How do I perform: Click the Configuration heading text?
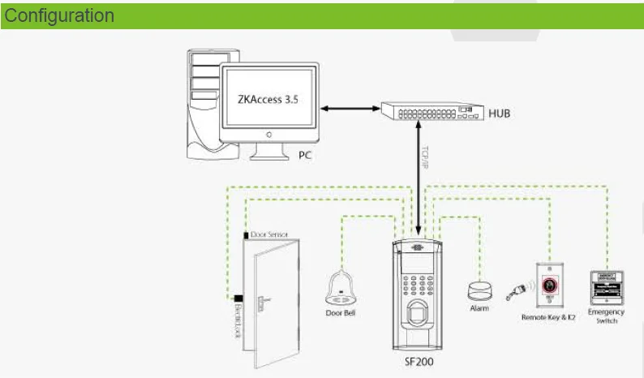pos(60,15)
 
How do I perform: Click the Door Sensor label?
pos(269,234)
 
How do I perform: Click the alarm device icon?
pos(478,290)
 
